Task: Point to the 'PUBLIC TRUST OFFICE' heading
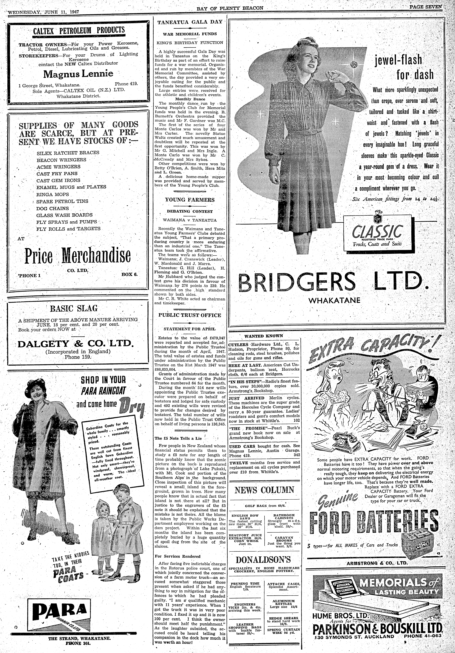(x=190, y=315)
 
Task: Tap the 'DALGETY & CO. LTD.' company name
(x=75, y=344)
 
